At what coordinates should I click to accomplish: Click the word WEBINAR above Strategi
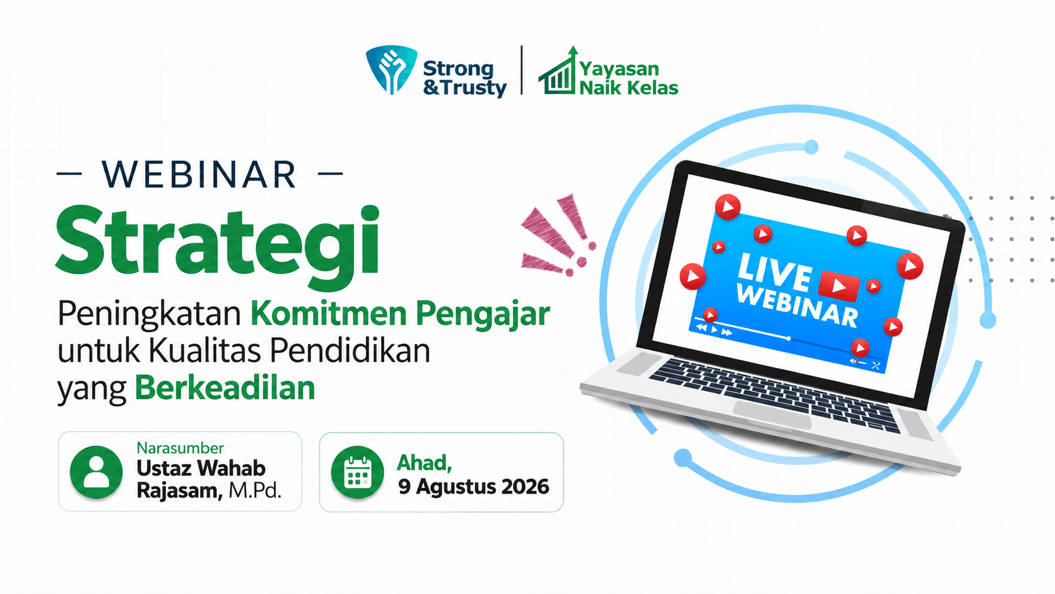pyautogui.click(x=199, y=174)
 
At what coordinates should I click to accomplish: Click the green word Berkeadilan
pyautogui.click(x=225, y=388)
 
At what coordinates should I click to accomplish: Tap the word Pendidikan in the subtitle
pyautogui.click(x=350, y=351)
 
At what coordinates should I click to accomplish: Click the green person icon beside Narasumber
pyautogui.click(x=96, y=472)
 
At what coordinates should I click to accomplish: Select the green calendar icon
pyautogui.click(x=358, y=472)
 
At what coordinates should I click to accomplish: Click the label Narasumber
pyautogui.click(x=180, y=448)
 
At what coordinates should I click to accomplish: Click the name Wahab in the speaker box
pyautogui.click(x=231, y=468)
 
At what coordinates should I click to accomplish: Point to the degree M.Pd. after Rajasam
pyautogui.click(x=256, y=491)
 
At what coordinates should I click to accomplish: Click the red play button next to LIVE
pyautogui.click(x=839, y=285)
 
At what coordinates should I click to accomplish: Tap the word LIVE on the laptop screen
pyautogui.click(x=775, y=271)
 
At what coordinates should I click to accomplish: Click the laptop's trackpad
pyautogui.click(x=772, y=414)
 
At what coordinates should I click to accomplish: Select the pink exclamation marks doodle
pyautogui.click(x=558, y=235)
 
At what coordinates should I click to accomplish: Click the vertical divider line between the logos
pyautogui.click(x=522, y=69)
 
